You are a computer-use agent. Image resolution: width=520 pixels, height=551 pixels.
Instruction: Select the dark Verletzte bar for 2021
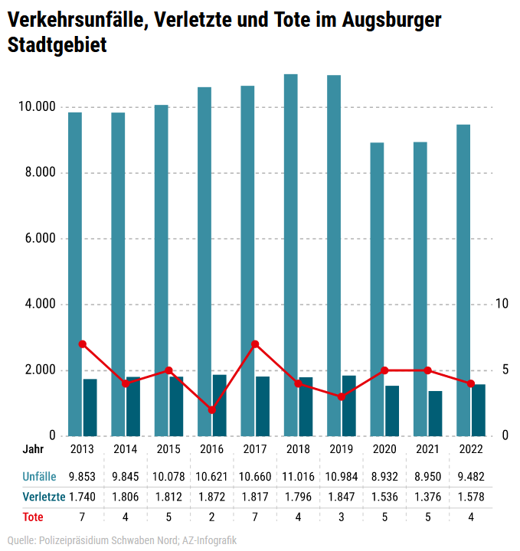[435, 413]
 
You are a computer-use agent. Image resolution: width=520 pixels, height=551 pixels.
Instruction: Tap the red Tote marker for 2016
[212, 410]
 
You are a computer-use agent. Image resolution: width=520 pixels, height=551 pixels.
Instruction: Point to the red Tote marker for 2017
[255, 344]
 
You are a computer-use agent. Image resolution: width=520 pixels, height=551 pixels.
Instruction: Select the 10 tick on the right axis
[502, 305]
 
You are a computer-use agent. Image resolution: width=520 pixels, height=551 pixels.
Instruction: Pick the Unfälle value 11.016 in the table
[298, 477]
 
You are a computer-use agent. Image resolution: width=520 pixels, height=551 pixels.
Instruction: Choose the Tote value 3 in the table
[341, 517]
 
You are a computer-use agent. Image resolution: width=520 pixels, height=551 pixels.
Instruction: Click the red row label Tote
[33, 517]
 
